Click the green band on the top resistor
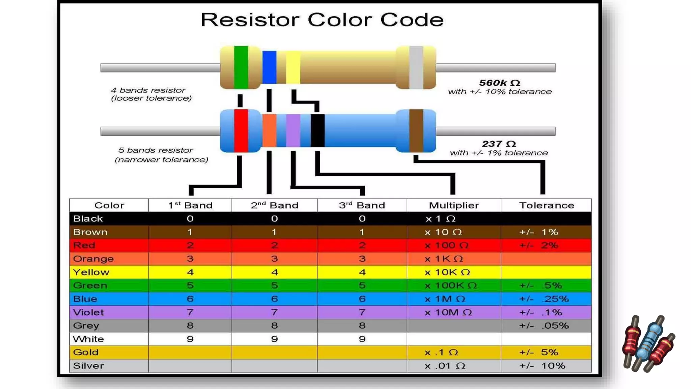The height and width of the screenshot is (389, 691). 241,67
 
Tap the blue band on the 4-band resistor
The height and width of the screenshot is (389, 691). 269,67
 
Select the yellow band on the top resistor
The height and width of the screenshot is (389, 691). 293,67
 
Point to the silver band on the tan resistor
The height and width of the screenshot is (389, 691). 416,67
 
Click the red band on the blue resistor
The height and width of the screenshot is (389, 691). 241,131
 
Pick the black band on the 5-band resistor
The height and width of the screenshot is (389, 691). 317,131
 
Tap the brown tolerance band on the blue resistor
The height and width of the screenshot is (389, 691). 416,131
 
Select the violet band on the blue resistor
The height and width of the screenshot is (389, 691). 293,131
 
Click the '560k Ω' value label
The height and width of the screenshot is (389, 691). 499,83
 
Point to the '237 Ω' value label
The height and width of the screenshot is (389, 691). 499,144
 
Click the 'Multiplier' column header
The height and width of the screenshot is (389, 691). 453,205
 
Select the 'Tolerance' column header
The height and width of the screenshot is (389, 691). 546,205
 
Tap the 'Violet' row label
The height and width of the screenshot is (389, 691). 88,312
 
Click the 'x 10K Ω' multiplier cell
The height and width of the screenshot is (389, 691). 447,272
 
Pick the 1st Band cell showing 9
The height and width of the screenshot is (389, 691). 190,339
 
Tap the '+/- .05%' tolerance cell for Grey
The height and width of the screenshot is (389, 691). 544,326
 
